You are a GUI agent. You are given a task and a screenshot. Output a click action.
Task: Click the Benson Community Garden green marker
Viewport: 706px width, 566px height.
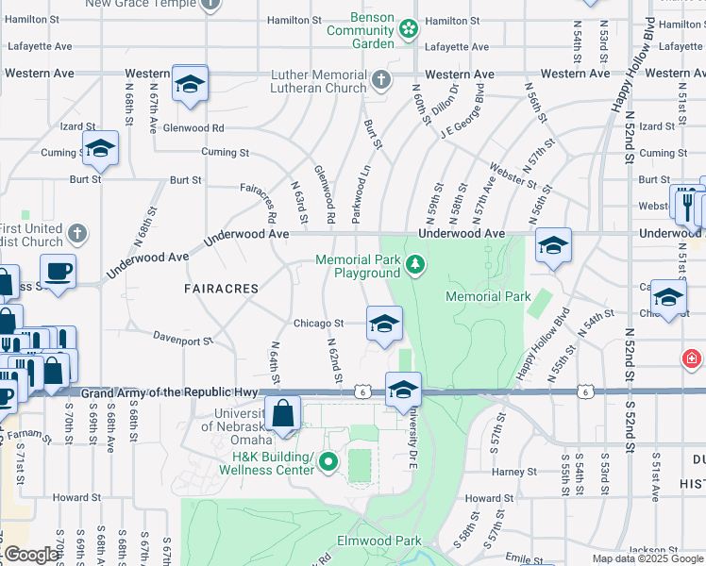(x=408, y=29)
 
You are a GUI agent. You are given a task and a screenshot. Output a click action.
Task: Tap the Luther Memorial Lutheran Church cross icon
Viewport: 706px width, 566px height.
(x=380, y=79)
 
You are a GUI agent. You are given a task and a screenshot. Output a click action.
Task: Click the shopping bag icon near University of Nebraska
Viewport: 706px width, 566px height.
(x=282, y=412)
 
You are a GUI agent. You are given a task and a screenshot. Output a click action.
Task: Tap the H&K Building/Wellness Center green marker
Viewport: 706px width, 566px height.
(x=328, y=462)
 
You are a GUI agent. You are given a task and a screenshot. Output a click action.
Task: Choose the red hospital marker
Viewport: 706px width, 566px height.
(x=692, y=358)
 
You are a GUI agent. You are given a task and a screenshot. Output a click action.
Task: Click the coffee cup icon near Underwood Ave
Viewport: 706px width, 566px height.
(x=58, y=272)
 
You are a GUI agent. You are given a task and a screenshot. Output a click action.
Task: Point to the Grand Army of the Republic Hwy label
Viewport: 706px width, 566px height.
(x=170, y=392)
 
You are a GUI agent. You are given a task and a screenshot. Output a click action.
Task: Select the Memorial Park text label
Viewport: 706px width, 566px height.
(x=488, y=296)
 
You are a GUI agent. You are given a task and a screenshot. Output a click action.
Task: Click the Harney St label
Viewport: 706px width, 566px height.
(x=513, y=472)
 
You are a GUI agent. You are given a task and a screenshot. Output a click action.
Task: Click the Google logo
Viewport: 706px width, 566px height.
(x=33, y=555)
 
